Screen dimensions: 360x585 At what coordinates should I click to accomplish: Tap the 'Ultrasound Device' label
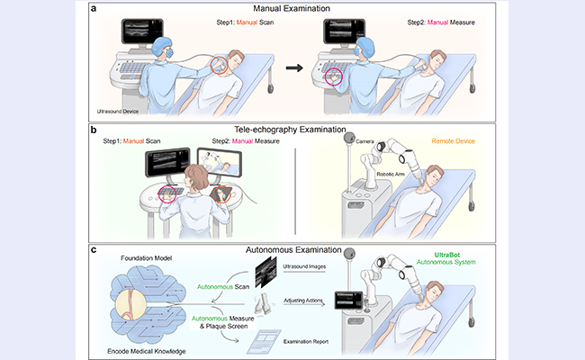point(124,112)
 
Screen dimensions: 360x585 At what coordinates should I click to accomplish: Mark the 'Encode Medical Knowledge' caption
point(148,346)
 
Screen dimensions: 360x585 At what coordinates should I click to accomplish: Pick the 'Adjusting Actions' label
point(305,303)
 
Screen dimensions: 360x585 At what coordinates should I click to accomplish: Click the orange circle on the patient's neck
point(219,65)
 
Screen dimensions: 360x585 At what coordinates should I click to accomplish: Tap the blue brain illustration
point(147,304)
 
